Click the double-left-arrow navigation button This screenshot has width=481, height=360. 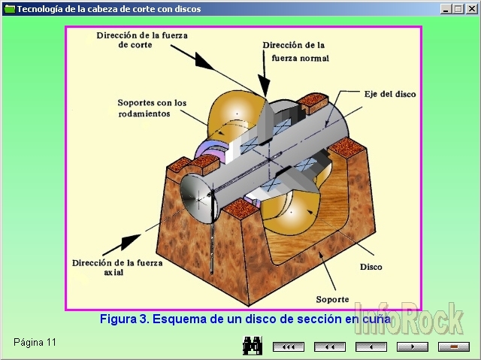328,346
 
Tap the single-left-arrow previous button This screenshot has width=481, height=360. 370,346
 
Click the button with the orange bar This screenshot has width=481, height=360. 453,346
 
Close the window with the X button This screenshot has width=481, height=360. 472,9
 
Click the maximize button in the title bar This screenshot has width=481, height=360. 459,9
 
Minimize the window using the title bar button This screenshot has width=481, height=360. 447,9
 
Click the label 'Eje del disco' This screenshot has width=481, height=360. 390,94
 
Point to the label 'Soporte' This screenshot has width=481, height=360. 331,298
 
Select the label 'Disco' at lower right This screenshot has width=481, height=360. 371,267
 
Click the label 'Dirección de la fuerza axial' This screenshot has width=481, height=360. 104,268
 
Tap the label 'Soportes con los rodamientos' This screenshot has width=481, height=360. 151,107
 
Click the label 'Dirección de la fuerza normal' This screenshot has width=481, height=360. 295,50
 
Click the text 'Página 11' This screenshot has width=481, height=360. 35,343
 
